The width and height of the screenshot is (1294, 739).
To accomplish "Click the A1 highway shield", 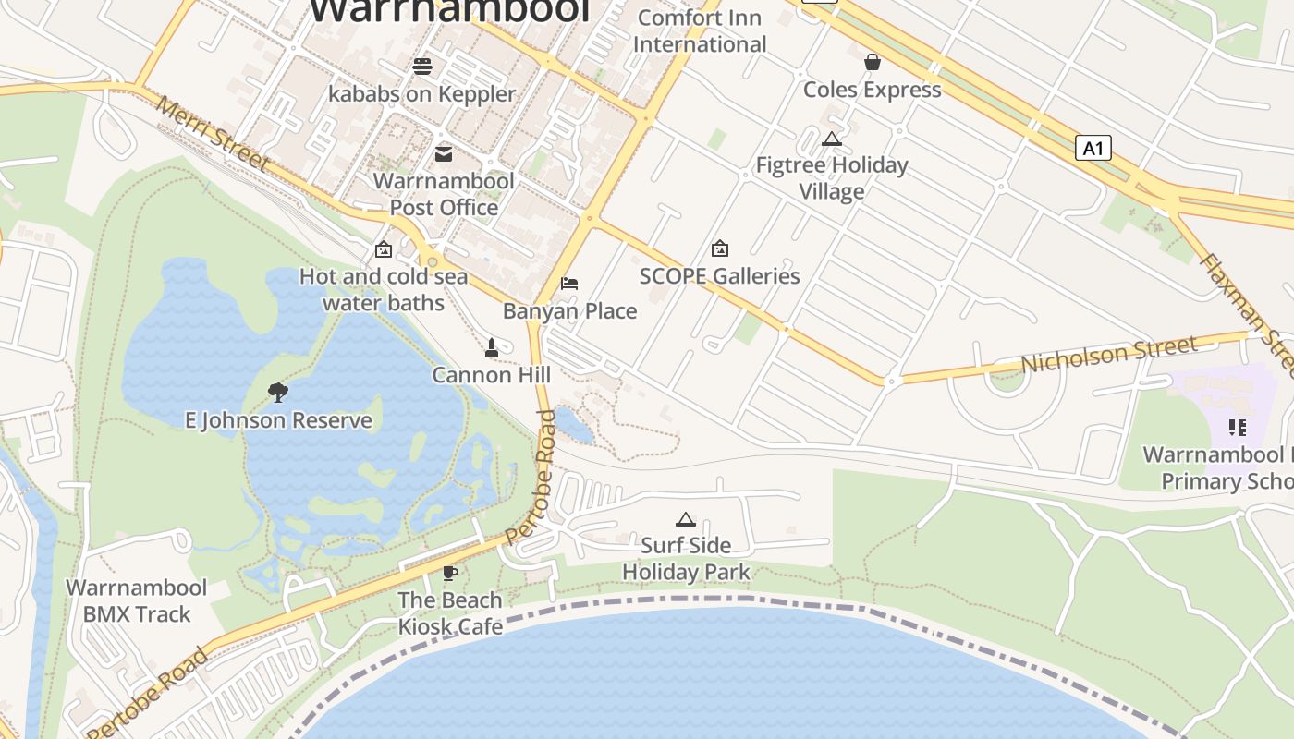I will point(1093,148).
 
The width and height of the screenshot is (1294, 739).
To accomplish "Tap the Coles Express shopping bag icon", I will point(872,62).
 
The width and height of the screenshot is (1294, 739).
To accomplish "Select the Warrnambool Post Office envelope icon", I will point(444,153).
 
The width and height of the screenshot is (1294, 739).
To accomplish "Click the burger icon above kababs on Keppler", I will point(422,66).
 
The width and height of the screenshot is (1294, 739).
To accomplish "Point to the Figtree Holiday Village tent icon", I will point(831,139).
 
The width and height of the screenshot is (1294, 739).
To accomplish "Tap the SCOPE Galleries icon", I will point(719,248).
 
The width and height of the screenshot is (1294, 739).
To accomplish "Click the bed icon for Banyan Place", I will point(569,284).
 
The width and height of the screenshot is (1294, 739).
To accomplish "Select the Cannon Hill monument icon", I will point(492,348).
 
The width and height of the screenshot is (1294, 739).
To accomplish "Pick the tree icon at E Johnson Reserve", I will point(277,393).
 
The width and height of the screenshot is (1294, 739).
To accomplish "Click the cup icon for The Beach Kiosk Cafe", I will point(450,573).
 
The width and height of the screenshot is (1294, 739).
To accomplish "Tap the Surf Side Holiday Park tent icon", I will point(685,519).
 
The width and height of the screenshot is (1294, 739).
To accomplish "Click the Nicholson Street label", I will point(1108,355).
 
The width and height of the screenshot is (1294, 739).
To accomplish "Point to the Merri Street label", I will point(212,135).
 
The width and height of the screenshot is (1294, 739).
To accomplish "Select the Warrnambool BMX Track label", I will point(136,600).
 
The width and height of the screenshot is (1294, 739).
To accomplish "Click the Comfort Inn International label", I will point(700,30).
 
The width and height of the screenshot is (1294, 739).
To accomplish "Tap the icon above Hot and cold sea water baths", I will point(383,249).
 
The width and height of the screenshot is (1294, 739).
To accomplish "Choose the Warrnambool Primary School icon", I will point(1237,427).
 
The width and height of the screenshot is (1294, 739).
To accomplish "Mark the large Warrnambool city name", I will point(448,11).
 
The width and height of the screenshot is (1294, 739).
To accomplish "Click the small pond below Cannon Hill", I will point(574,424).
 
